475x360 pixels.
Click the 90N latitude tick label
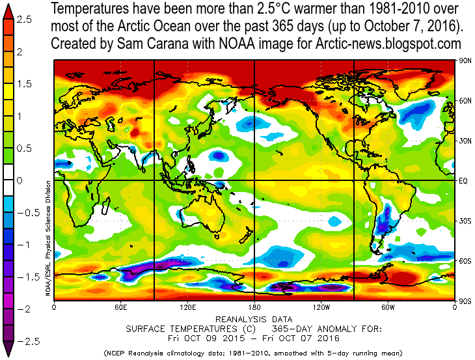pyautogui.click(x=465, y=61)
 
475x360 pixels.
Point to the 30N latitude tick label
pyautogui.click(x=465, y=141)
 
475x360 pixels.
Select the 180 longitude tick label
pyautogui.click(x=254, y=307)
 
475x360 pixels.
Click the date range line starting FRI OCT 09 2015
pyautogui.click(x=253, y=338)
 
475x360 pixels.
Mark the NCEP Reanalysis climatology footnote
pyautogui.click(x=253, y=353)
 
